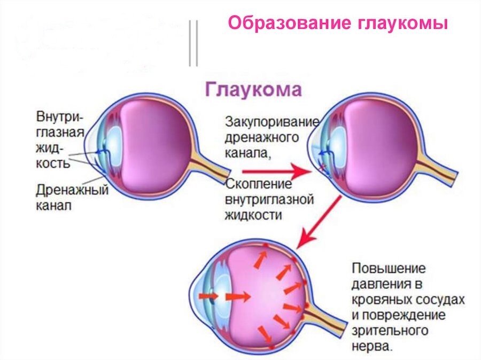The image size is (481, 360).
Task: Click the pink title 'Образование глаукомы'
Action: pos(337,24)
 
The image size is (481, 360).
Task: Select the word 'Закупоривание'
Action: pos(272,121)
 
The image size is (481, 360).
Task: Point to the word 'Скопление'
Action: pos(259,185)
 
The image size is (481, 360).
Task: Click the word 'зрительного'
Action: pos(391,330)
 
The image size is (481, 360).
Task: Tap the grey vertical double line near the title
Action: pos(193,43)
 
